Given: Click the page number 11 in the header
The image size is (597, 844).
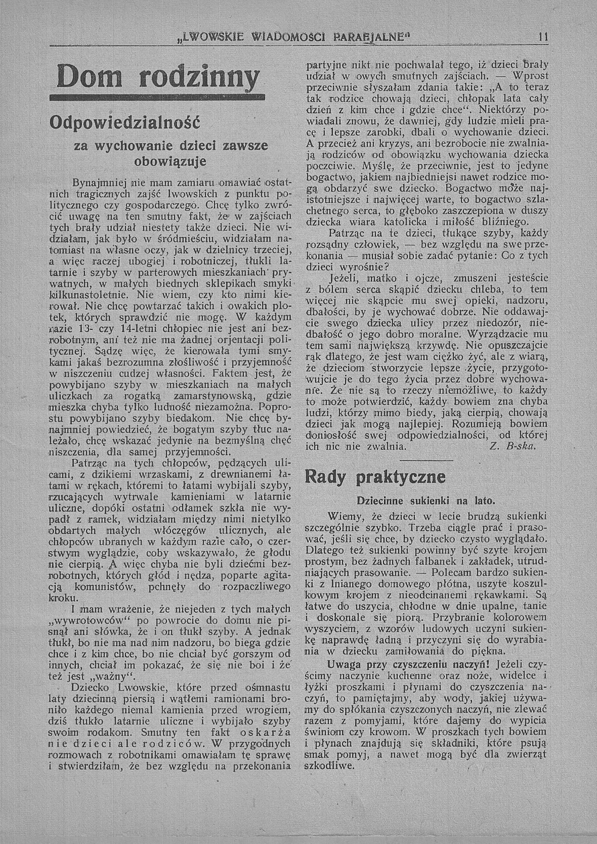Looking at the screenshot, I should point(543,37).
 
